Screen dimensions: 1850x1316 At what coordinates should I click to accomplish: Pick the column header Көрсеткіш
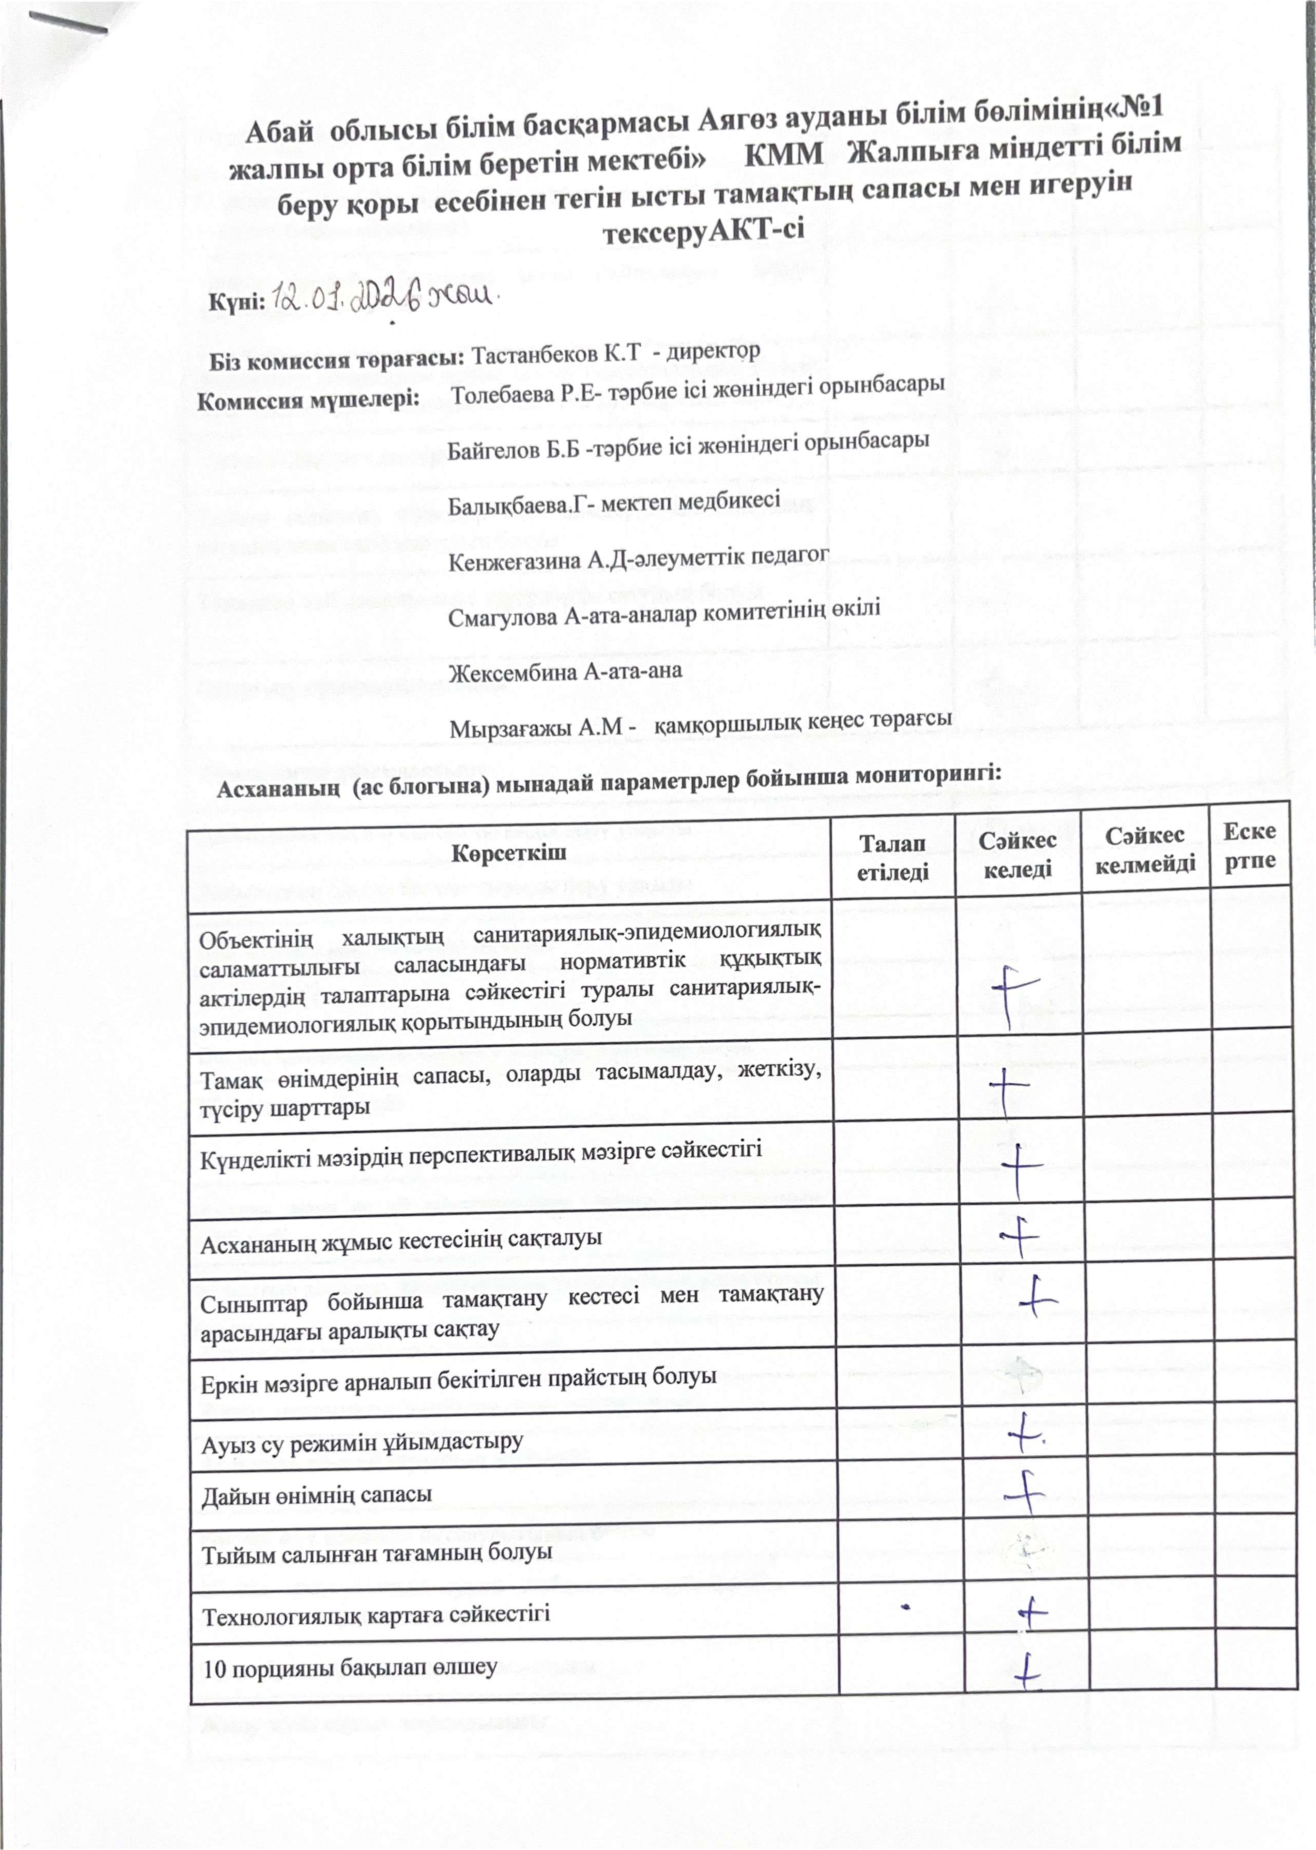[x=509, y=854]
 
